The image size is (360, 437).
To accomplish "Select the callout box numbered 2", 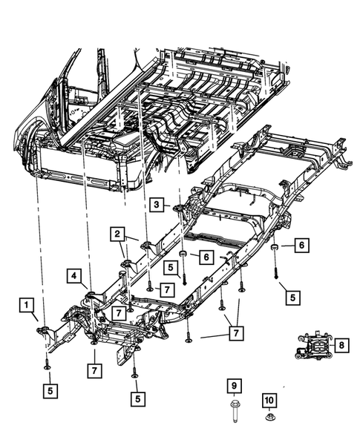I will tap(117, 234).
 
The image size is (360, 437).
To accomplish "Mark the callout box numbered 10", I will tap(269, 401).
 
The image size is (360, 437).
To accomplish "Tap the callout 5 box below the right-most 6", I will tap(292, 296).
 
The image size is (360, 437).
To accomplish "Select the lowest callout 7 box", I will tap(94, 369).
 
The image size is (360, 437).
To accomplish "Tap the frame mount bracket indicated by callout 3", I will tap(178, 209).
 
